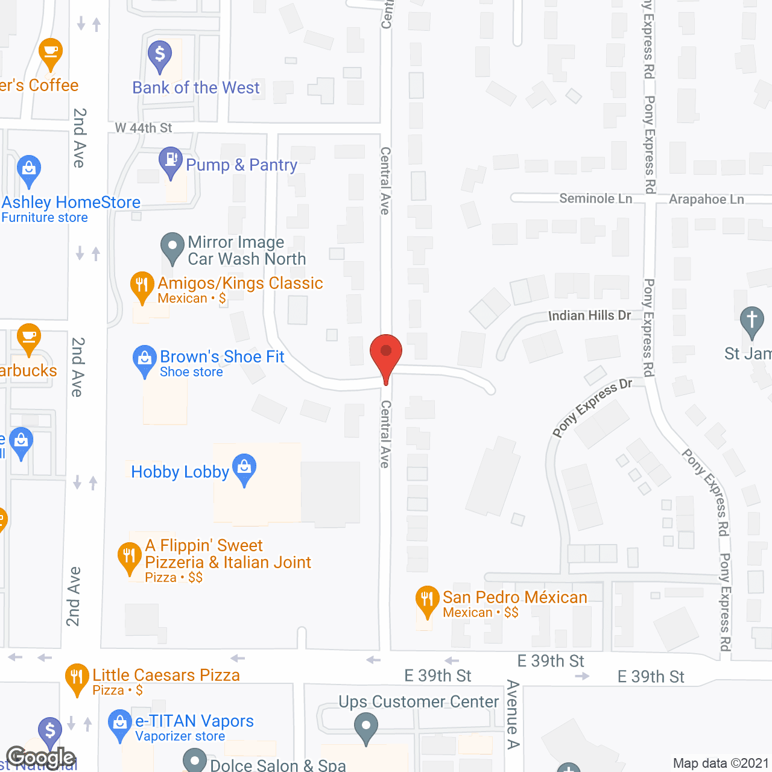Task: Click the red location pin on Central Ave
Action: pyautogui.click(x=386, y=353)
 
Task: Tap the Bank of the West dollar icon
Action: pyautogui.click(x=160, y=55)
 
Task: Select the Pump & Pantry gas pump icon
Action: pyautogui.click(x=171, y=160)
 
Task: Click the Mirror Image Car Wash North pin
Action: pyautogui.click(x=172, y=247)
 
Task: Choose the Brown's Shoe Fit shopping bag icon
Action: pyautogui.click(x=145, y=359)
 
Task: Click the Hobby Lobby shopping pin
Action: pyautogui.click(x=244, y=468)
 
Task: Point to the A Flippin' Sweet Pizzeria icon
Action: pyautogui.click(x=129, y=556)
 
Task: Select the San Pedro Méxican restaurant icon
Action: pyautogui.click(x=427, y=600)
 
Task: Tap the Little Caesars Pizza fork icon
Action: pyautogui.click(x=77, y=677)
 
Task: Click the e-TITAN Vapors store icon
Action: pyautogui.click(x=120, y=723)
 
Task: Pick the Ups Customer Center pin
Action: pyautogui.click(x=365, y=727)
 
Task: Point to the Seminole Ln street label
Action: pyautogui.click(x=595, y=198)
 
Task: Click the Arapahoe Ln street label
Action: pyautogui.click(x=706, y=199)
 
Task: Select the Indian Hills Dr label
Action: pyautogui.click(x=589, y=315)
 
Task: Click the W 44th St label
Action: pyautogui.click(x=144, y=128)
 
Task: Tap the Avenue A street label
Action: pyautogui.click(x=513, y=714)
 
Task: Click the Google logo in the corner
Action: pyautogui.click(x=40, y=758)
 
